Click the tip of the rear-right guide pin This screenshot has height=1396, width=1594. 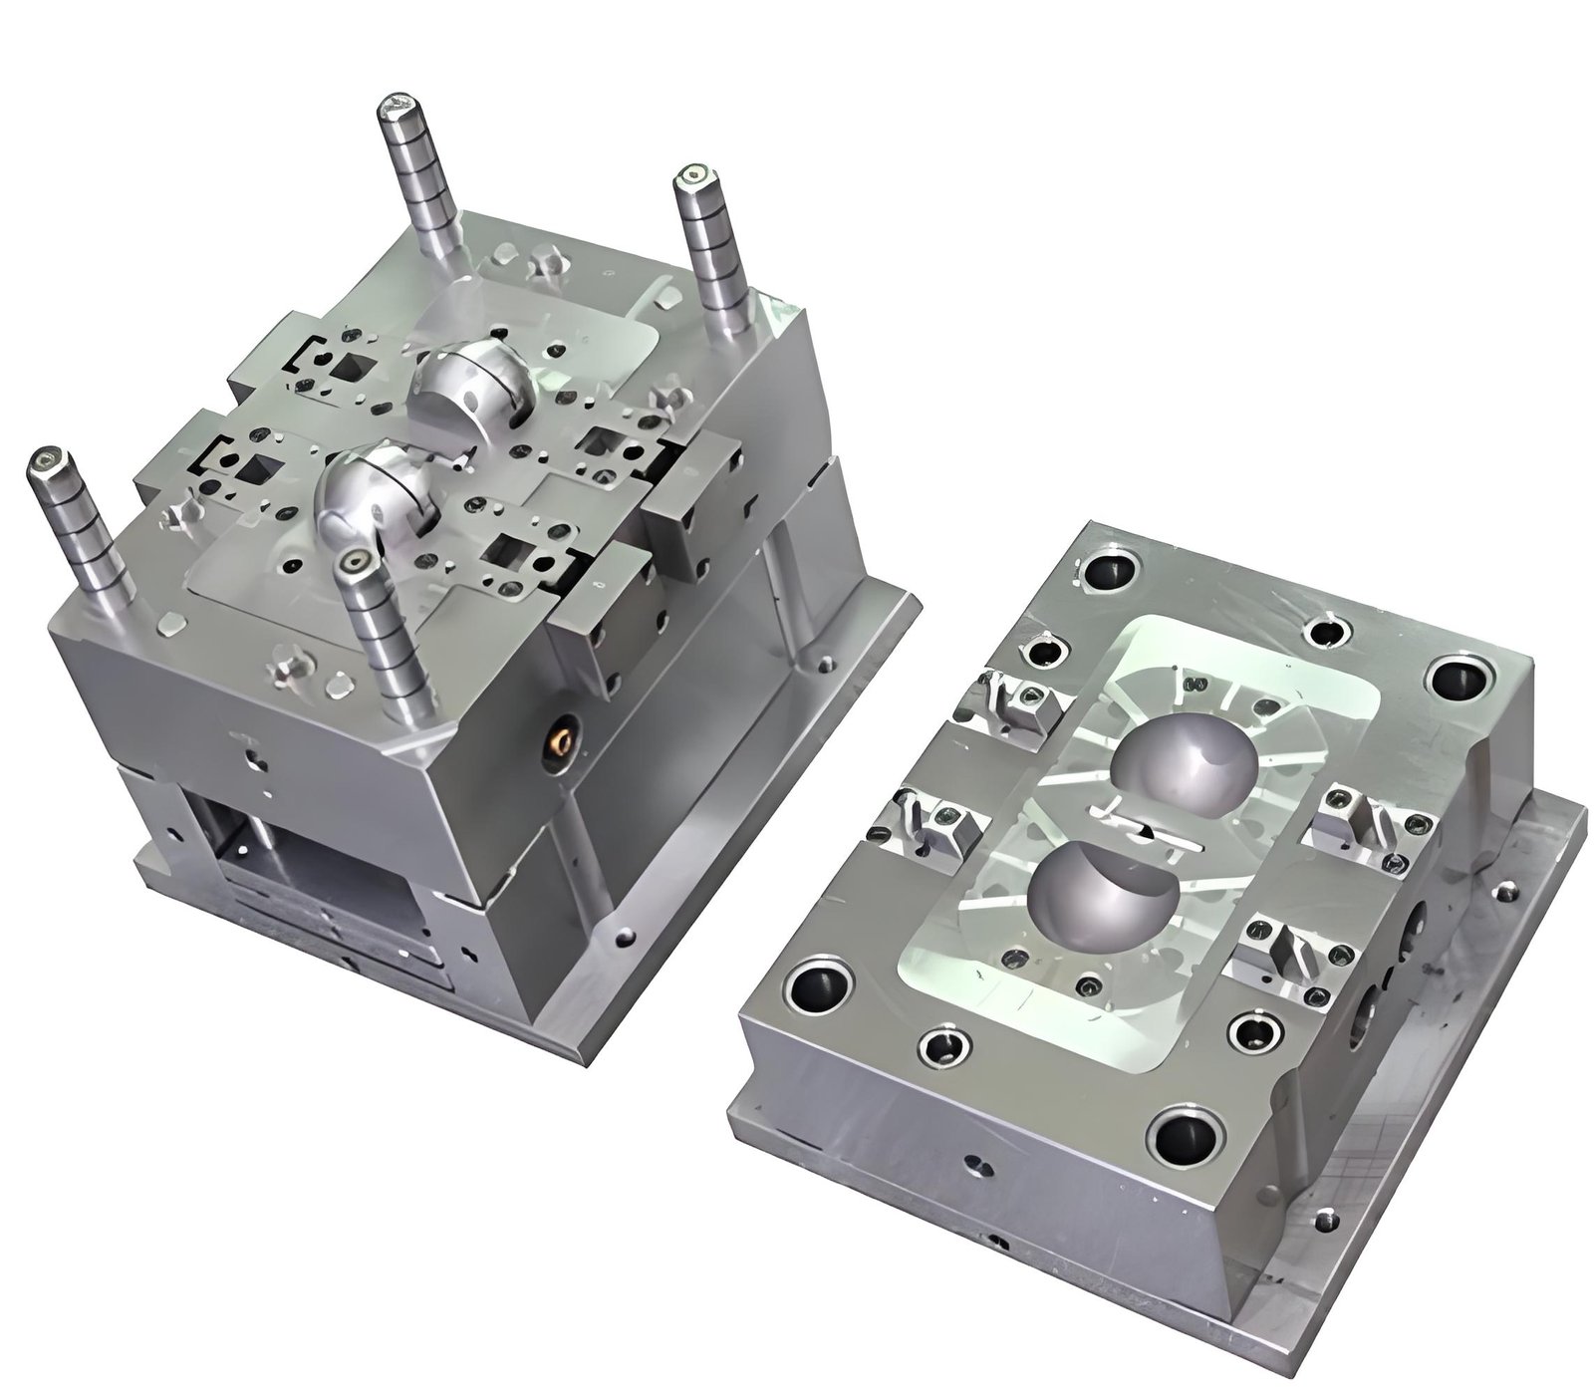point(693,179)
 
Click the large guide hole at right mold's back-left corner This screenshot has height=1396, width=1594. point(1108,572)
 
